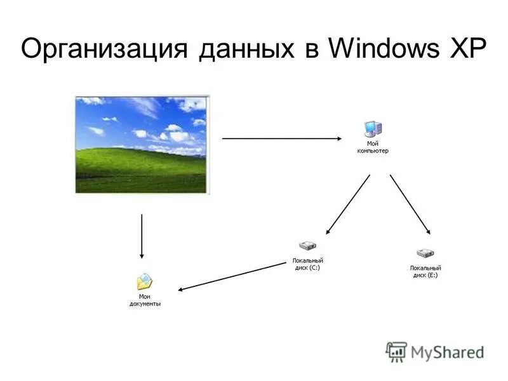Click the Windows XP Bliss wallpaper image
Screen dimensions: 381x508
click(x=142, y=144)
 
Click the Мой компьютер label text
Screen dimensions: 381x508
click(x=372, y=147)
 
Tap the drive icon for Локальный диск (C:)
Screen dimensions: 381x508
click(x=307, y=246)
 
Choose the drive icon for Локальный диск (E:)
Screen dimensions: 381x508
click(x=425, y=253)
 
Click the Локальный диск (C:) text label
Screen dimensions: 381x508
click(x=307, y=264)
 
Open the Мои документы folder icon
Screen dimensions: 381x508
click(x=145, y=281)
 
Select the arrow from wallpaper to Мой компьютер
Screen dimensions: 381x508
click(x=283, y=138)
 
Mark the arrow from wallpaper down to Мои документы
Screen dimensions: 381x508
click(x=142, y=236)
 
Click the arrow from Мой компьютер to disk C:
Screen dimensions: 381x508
click(x=348, y=204)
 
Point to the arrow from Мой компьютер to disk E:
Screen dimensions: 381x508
click(x=410, y=204)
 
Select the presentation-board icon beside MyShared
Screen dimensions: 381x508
click(x=397, y=351)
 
